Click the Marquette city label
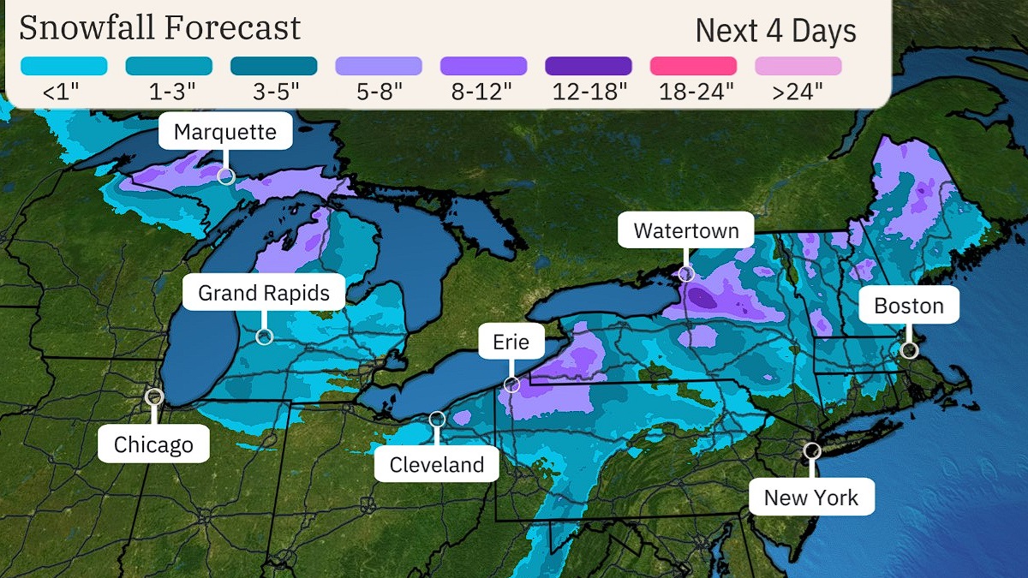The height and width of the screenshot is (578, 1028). [225, 132]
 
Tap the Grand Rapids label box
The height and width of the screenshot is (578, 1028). [264, 293]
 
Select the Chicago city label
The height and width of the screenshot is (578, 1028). [153, 444]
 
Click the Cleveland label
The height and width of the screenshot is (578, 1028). [437, 465]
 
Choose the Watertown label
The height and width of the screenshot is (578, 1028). [685, 230]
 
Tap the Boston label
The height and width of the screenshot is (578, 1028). [909, 306]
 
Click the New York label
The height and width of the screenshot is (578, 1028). [811, 498]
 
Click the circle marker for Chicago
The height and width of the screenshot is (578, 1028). [154, 396]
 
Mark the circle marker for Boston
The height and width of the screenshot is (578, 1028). [910, 349]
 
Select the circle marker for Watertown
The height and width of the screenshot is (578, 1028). [686, 274]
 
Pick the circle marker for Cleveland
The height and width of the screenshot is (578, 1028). [437, 419]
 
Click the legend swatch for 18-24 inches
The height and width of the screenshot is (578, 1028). [693, 66]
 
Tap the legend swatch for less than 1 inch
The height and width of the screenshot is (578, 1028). [64, 66]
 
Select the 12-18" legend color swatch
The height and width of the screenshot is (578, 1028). [589, 66]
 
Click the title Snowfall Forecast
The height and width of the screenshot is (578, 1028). [160, 28]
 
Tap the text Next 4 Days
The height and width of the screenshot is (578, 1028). [775, 31]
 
